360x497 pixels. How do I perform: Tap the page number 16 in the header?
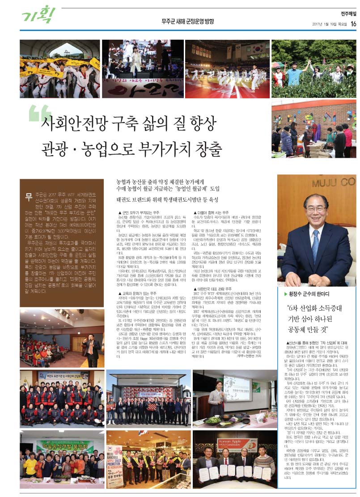353,24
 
